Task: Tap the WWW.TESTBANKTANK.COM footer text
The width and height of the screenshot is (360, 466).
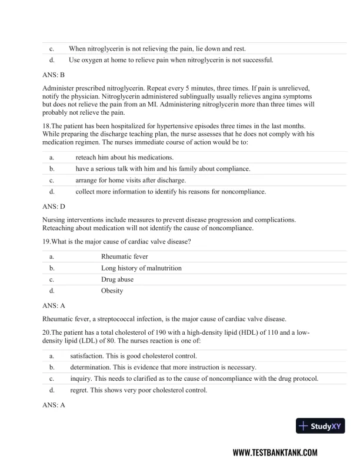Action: point(275,452)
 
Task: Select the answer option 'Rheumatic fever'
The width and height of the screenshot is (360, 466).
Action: point(125,257)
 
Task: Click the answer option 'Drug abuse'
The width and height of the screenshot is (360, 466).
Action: point(117,279)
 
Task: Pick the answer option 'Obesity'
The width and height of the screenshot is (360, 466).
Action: point(112,291)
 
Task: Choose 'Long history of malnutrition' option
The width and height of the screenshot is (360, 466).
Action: point(141,268)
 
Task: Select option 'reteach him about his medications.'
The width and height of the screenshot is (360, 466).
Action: point(124,157)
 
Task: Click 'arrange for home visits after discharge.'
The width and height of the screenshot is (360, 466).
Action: point(130,180)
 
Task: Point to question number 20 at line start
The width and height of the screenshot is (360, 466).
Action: point(46,332)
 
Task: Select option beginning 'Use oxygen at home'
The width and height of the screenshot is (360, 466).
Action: point(171,60)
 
